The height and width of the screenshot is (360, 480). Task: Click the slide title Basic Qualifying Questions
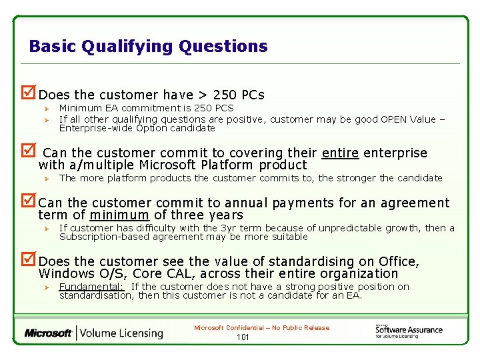pyautogui.click(x=148, y=46)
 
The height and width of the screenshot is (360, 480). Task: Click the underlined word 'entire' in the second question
pyautogui.click(x=340, y=153)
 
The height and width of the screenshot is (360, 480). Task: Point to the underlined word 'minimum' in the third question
pyautogui.click(x=119, y=215)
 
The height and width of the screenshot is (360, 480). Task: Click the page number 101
pyautogui.click(x=243, y=337)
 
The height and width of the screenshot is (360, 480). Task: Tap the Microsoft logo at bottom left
pyautogui.click(x=48, y=333)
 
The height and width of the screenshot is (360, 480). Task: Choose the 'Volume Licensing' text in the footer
pyautogui.click(x=122, y=333)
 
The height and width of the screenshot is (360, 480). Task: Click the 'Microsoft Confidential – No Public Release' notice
pyautogui.click(x=261, y=327)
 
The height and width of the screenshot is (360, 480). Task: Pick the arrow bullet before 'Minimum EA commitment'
pyautogui.click(x=47, y=108)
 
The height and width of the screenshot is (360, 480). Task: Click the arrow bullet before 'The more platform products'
pyautogui.click(x=47, y=178)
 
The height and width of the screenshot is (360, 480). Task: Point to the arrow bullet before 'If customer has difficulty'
pyautogui.click(x=47, y=229)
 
